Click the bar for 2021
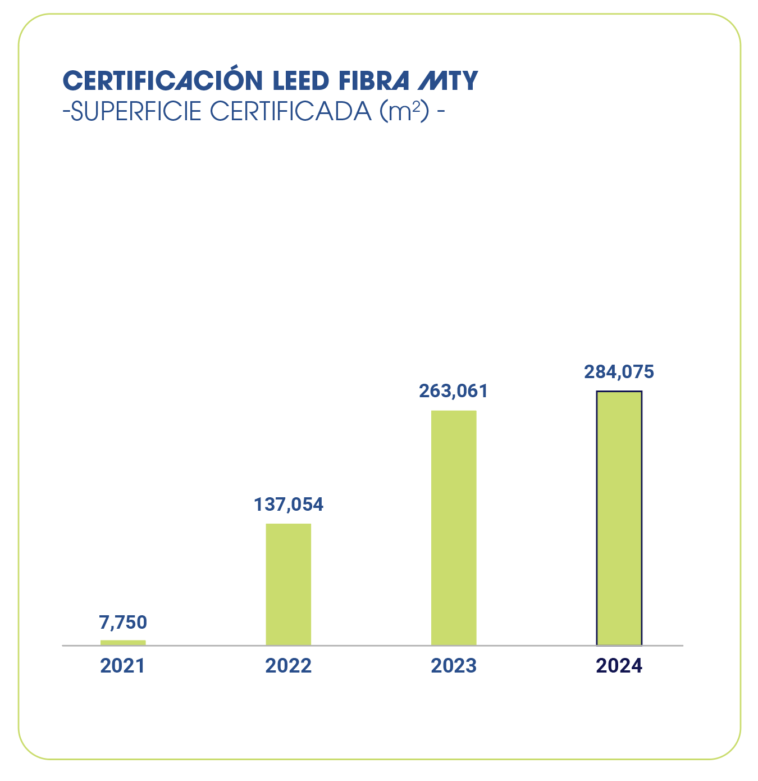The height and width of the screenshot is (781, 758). (123, 642)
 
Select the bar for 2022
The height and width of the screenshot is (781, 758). (288, 584)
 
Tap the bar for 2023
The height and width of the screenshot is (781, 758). (454, 528)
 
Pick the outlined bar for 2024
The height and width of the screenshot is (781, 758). (619, 518)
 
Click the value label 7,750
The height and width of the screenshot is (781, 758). (123, 623)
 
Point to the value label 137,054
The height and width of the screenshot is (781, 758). (289, 505)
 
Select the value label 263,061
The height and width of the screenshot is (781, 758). (454, 390)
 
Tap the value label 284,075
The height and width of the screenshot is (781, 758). (619, 372)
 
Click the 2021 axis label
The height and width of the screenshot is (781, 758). (122, 666)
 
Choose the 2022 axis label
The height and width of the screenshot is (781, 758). (288, 666)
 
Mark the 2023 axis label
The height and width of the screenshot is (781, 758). (454, 666)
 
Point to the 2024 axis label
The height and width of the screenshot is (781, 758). (619, 666)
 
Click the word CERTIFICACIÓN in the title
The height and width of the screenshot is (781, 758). (163, 81)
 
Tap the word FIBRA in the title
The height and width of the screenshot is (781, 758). (374, 81)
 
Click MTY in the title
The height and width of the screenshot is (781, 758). (448, 81)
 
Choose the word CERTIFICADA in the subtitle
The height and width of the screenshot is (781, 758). (290, 111)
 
